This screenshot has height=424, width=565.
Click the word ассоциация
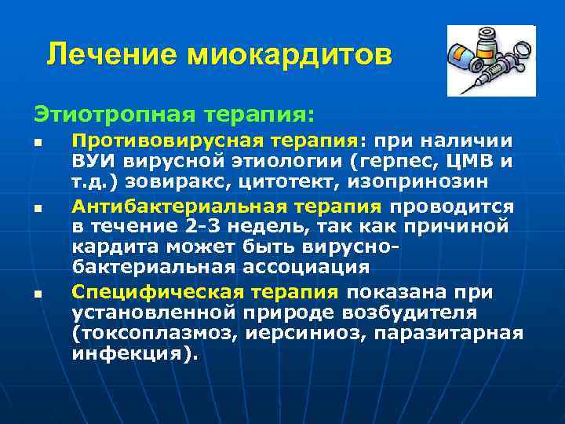(x=302, y=266)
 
